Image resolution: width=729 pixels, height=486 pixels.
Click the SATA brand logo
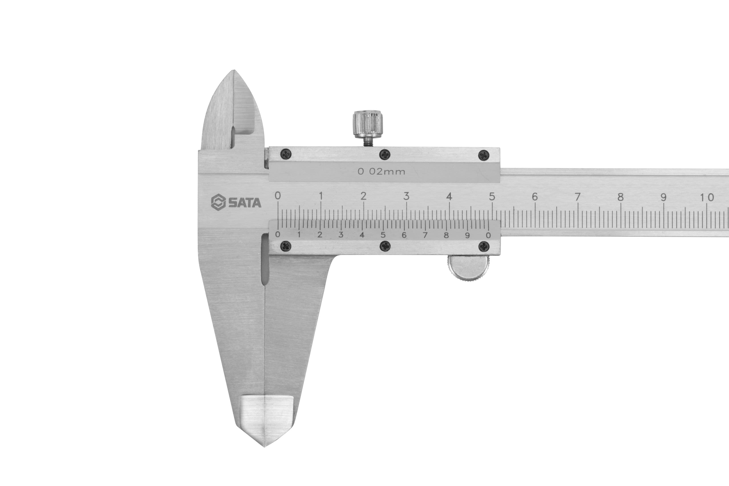point(236,202)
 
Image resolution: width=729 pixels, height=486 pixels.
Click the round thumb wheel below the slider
point(469,268)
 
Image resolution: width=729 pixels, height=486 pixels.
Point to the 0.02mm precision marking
point(381,171)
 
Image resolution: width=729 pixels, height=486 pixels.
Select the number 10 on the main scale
point(707,198)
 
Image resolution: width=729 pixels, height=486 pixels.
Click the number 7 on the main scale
point(577,197)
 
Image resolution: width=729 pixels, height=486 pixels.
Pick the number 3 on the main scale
point(406,196)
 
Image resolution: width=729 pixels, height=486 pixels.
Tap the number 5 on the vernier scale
point(383,235)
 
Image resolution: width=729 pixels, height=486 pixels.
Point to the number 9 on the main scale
point(663,197)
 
